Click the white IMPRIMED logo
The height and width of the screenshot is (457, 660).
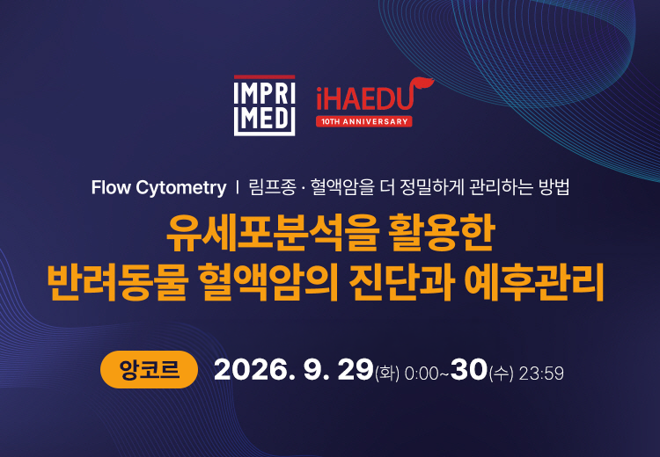click(x=264, y=105)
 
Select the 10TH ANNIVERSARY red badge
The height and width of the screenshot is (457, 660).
click(x=364, y=121)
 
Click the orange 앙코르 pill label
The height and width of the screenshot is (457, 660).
click(x=149, y=369)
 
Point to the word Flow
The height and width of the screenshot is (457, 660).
click(x=111, y=187)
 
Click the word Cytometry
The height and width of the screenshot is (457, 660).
click(x=181, y=188)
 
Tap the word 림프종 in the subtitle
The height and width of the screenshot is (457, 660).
click(x=272, y=187)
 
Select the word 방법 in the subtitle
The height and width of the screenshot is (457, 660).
click(x=554, y=187)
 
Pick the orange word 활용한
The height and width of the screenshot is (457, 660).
click(x=442, y=233)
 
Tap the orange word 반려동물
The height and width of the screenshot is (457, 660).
click(x=116, y=281)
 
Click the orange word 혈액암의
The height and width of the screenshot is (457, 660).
click(x=268, y=281)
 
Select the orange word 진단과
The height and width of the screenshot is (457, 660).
click(x=401, y=281)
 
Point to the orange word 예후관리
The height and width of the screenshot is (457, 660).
click(x=534, y=281)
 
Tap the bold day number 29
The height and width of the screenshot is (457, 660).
click(x=356, y=370)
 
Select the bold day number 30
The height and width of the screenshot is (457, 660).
click(x=469, y=370)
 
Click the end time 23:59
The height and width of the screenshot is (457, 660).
click(x=541, y=374)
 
